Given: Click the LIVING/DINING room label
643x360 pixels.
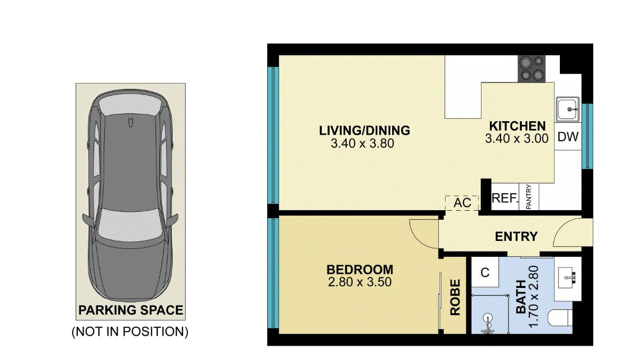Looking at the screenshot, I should (364, 130).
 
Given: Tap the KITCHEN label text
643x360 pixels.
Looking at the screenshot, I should (517, 126).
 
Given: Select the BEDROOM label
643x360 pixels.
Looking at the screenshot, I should (359, 269).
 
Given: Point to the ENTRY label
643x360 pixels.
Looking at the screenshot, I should (516, 237).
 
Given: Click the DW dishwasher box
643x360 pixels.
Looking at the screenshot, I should (568, 137).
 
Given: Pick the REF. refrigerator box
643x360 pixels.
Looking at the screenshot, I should (504, 198).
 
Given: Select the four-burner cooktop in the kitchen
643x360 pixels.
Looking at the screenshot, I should (531, 69).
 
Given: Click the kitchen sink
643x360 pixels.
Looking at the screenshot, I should (568, 110).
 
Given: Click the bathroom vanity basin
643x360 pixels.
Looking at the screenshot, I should (568, 276).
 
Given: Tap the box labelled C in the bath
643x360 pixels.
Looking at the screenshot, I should (484, 273).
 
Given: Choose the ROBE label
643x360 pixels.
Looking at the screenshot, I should (455, 298).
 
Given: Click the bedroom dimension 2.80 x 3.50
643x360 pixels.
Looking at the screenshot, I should (359, 282).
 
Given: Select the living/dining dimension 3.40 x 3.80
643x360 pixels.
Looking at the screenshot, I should (362, 143).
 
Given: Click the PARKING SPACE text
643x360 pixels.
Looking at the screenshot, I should (131, 310).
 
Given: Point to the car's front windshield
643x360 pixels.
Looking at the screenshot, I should (130, 223).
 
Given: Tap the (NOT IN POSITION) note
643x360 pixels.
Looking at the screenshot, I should (130, 332).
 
